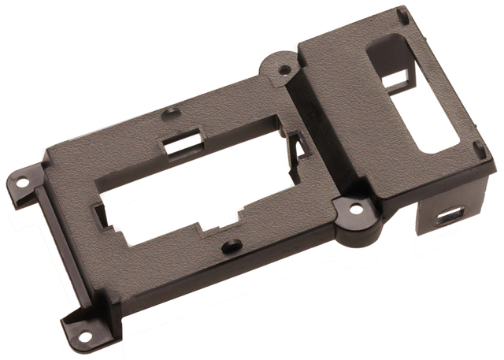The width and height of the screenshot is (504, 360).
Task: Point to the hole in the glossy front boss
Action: tap(356, 210)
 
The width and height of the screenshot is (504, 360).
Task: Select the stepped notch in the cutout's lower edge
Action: tap(217, 221)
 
